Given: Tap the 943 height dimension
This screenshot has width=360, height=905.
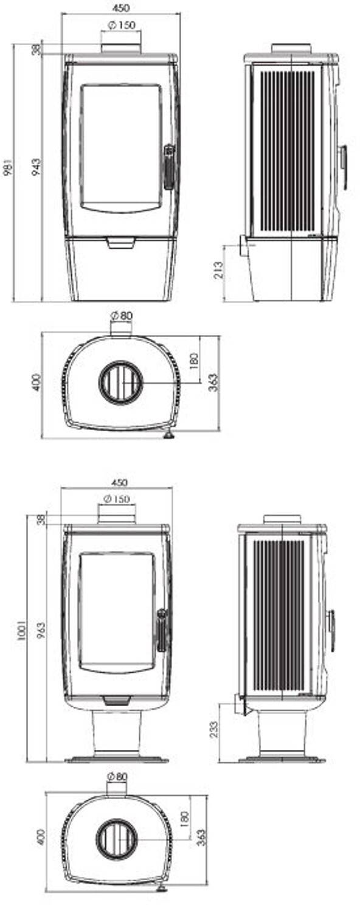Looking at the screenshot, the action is [x=36, y=166].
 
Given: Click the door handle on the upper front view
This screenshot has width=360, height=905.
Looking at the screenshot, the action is [x=169, y=167].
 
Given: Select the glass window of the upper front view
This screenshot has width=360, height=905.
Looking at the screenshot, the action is [x=122, y=147].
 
